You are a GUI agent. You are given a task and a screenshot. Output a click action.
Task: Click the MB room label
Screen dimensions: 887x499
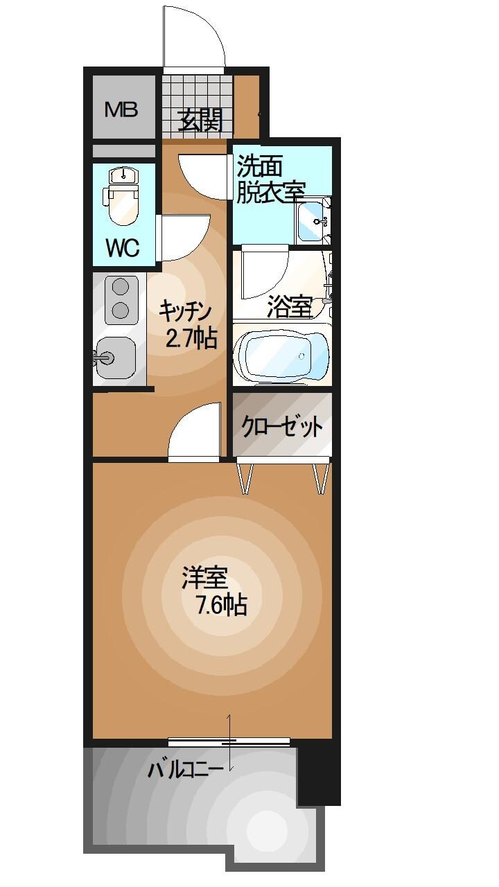(x=121, y=109)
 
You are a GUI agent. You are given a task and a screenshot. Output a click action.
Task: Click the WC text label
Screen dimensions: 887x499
(x=123, y=247)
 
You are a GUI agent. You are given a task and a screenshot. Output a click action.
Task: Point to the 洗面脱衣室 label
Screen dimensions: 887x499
(x=271, y=178)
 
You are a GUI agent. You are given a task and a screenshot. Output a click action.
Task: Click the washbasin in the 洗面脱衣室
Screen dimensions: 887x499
(x=314, y=220)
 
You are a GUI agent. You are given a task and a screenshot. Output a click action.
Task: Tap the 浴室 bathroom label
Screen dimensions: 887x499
(x=289, y=307)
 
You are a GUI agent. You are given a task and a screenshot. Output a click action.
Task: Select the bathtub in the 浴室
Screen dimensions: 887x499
(x=281, y=355)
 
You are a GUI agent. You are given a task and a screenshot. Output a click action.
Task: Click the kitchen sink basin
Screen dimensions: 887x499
(x=115, y=358)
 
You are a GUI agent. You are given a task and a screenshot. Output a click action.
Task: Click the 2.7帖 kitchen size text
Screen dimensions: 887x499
(x=191, y=339)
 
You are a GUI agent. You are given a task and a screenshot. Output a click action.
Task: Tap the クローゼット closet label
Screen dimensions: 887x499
(x=281, y=427)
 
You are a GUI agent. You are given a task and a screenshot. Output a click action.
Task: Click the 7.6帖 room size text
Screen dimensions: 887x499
(x=221, y=606)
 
